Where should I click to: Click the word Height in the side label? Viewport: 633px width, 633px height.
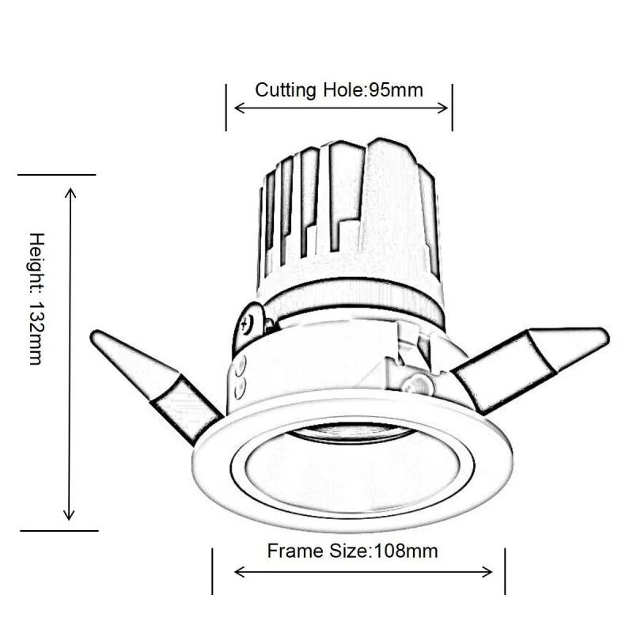(36, 262)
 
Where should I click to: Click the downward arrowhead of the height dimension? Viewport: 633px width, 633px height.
(70, 515)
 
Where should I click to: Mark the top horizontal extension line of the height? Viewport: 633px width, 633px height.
(56, 174)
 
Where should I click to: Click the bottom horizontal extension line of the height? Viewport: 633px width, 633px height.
(59, 530)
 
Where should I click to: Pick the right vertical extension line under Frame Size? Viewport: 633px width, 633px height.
(505, 570)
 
